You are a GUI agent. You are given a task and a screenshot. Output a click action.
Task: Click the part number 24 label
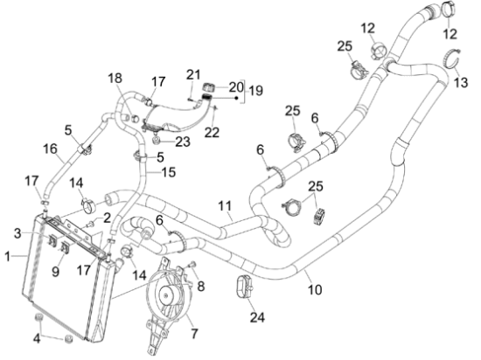257,317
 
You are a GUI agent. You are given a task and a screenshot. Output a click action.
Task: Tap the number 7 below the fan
195,333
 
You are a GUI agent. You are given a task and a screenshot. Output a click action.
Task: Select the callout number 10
315,289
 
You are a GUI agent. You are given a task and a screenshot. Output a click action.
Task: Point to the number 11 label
225,206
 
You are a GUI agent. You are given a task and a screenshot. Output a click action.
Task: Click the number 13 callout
461,82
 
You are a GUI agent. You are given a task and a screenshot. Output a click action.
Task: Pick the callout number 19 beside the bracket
256,91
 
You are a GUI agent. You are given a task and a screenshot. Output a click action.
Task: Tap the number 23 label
183,142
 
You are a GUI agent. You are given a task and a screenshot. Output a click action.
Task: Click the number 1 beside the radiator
7,256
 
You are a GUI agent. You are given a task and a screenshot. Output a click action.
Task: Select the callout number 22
213,132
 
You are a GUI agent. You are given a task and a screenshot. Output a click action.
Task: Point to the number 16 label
50,149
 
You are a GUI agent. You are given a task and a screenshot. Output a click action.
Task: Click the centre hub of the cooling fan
166,294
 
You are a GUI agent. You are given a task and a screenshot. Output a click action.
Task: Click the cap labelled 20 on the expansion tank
208,87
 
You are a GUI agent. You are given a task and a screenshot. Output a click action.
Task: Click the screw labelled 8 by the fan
192,265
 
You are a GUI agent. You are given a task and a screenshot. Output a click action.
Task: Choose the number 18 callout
115,78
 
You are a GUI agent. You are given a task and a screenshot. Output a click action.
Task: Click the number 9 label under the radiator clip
55,271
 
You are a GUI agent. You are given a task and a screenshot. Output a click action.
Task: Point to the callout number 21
193,74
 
